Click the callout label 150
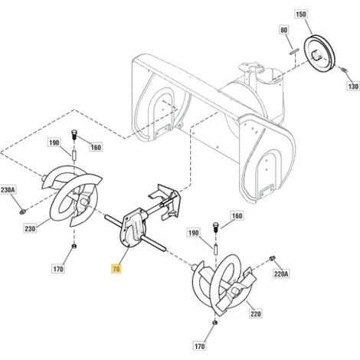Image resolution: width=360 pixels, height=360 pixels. [301, 14]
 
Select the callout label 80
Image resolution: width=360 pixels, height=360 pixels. [283, 30]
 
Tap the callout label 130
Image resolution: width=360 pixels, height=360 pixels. [353, 87]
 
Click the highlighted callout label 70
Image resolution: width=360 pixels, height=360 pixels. [116, 269]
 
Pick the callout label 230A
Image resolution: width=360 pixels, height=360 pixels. [8, 190]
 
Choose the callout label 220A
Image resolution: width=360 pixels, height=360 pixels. [281, 274]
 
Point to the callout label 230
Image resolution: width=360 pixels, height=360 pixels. [30, 228]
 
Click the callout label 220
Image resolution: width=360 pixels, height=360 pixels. [255, 313]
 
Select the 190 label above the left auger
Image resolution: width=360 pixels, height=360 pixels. [54, 142]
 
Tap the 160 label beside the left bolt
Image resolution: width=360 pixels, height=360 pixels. [96, 147]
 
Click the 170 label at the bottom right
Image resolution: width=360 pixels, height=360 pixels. [199, 346]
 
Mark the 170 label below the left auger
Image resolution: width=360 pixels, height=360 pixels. [58, 269]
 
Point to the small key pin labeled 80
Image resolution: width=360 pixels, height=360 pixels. [293, 52]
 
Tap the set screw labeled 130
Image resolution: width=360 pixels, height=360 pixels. [344, 70]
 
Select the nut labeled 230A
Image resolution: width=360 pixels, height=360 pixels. [23, 211]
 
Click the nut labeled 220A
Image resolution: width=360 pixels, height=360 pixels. [272, 259]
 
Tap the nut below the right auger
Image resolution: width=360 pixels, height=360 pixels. [215, 322]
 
